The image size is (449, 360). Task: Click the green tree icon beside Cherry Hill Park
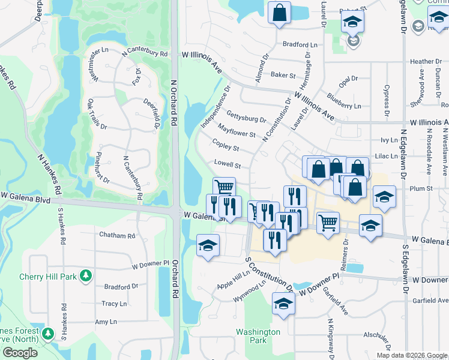86,276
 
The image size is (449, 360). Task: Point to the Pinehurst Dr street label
103,167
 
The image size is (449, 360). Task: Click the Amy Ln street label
106,322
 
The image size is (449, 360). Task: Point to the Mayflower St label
237,130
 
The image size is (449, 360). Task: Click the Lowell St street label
228,164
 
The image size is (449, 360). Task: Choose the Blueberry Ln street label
344,101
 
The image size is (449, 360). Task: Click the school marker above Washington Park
283,304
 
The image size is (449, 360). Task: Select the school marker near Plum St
384,197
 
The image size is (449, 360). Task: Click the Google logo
20,352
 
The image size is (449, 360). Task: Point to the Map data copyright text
411,355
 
